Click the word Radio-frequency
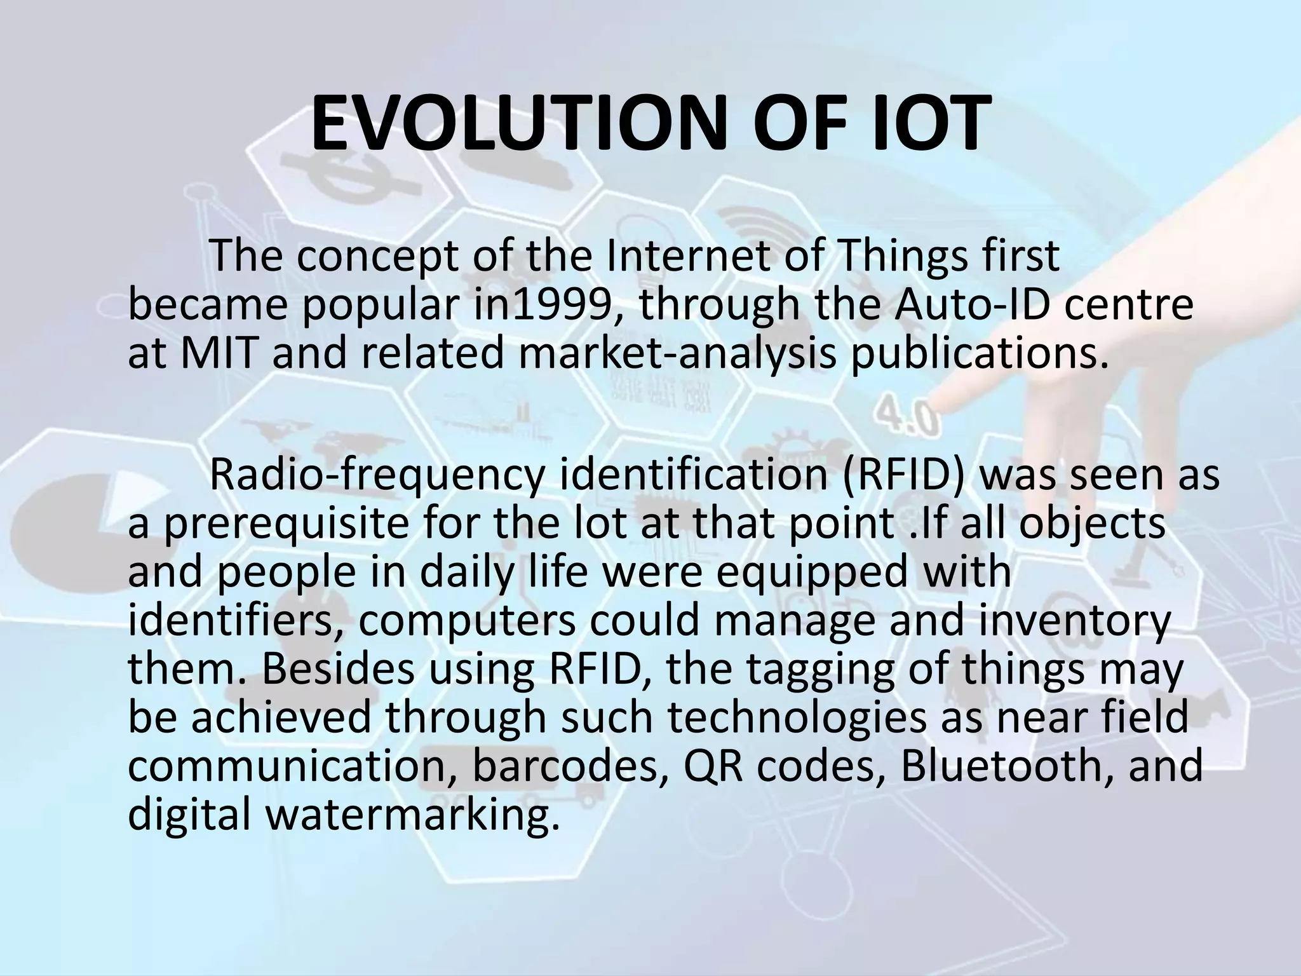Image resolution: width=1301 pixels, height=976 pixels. [x=377, y=476]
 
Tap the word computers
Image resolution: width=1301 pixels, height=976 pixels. [x=468, y=622]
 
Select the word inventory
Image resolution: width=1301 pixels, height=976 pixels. [x=1073, y=622]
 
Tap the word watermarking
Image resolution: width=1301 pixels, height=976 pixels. [x=413, y=815]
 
